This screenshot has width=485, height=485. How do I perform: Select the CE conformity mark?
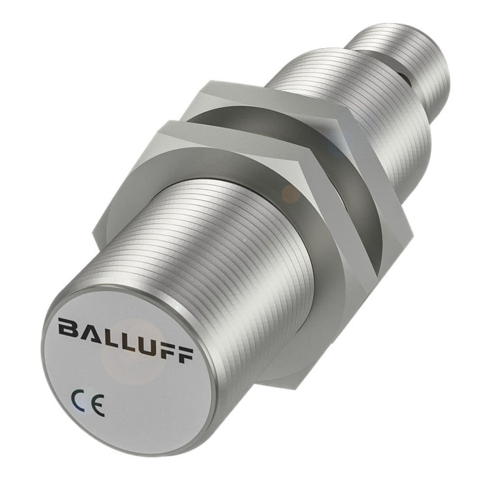88,403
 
